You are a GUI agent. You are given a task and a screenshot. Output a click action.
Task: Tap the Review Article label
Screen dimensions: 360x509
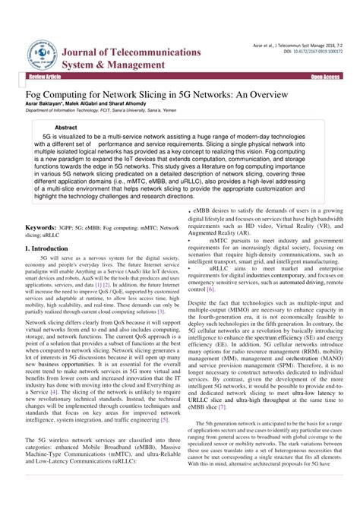coord(44,77)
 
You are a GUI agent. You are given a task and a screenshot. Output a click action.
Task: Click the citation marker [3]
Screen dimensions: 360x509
coord(160,290)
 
